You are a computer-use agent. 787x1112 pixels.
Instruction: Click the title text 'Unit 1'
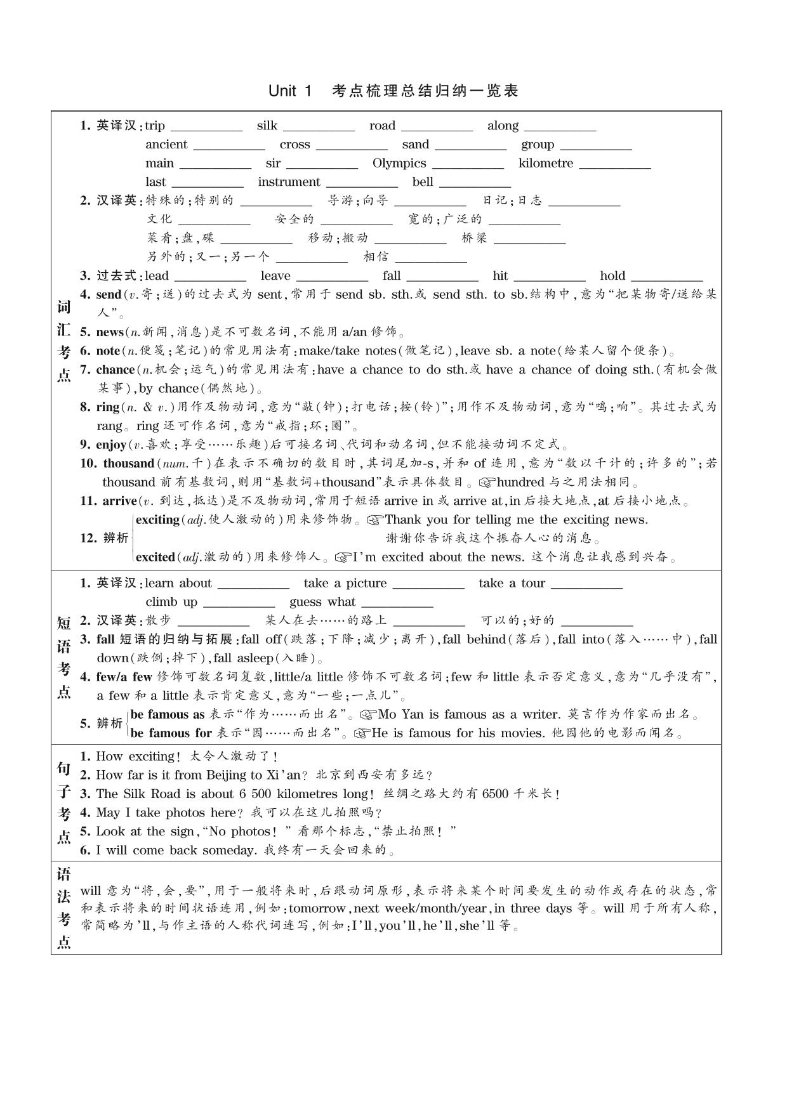point(290,91)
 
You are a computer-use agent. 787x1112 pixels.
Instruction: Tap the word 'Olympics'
point(399,164)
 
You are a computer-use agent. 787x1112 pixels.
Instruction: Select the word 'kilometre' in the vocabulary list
point(545,164)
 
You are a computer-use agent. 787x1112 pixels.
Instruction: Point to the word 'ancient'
point(166,145)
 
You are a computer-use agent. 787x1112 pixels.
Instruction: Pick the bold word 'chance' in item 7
point(116,370)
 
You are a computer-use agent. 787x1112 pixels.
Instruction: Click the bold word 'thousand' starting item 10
point(129,464)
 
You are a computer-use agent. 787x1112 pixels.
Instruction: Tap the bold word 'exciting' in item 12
point(157,520)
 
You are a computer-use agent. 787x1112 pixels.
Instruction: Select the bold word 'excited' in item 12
point(155,558)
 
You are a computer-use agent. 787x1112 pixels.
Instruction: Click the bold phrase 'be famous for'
point(170,733)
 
